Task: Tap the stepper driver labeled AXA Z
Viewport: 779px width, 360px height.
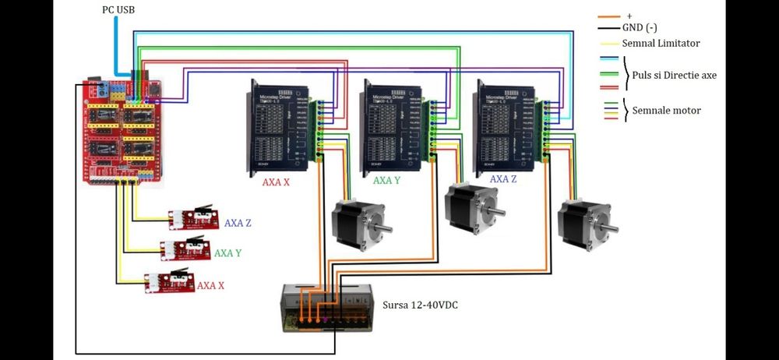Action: (x=508, y=125)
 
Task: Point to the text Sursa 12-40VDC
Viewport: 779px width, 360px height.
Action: (x=420, y=304)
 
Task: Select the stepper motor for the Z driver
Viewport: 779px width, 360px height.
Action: (x=586, y=226)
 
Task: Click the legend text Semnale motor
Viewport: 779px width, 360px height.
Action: (x=666, y=111)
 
